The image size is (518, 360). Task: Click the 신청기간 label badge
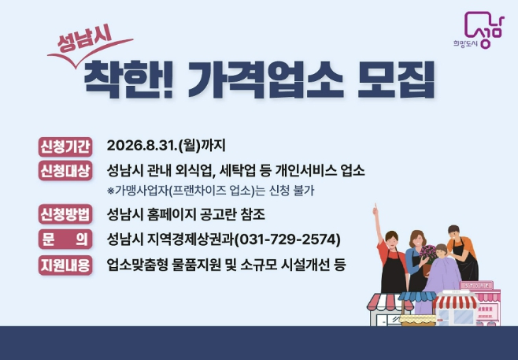tap(65, 146)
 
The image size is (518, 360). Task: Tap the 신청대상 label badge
tap(65, 170)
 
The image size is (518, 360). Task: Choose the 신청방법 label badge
tap(65, 214)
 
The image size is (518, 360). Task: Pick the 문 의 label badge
tap(65, 239)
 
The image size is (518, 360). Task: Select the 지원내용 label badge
tap(65, 264)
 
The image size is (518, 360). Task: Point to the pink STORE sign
tap(476, 285)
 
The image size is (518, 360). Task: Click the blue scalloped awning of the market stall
tap(416, 298)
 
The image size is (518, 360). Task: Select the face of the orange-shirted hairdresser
tap(452, 233)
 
